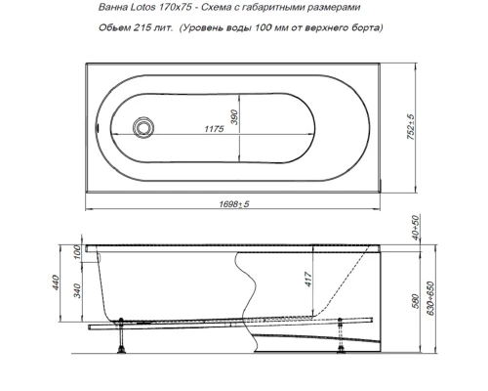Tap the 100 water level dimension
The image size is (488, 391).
(79, 253)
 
